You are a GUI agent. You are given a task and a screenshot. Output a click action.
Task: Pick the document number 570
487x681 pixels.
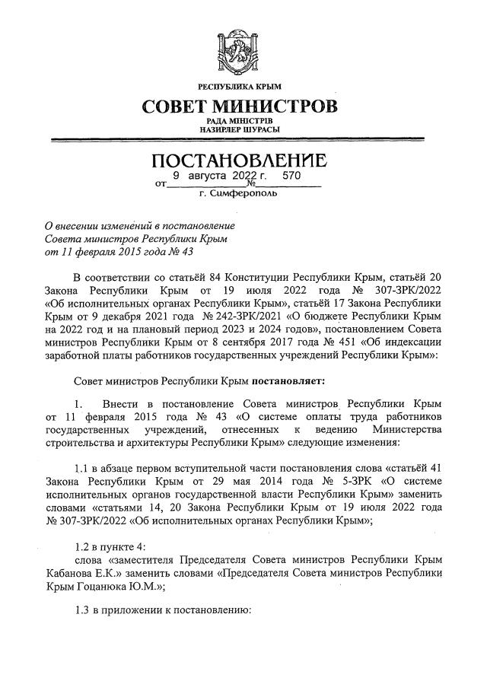[x=291, y=176]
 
